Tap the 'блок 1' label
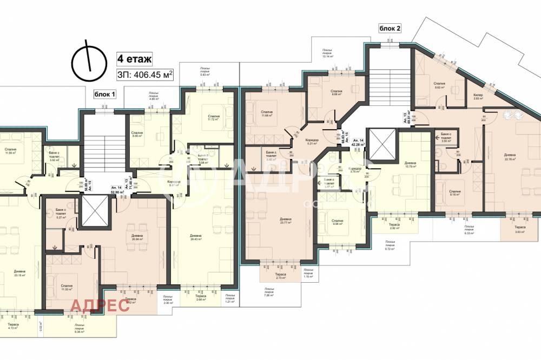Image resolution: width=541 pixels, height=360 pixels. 105,95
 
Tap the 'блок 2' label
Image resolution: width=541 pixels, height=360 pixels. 390,29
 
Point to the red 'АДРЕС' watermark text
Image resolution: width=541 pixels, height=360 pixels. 99,305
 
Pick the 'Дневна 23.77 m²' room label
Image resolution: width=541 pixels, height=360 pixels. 286,221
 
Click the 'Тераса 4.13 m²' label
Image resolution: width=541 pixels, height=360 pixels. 14,326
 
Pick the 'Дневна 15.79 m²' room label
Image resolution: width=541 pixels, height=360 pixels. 410,165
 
